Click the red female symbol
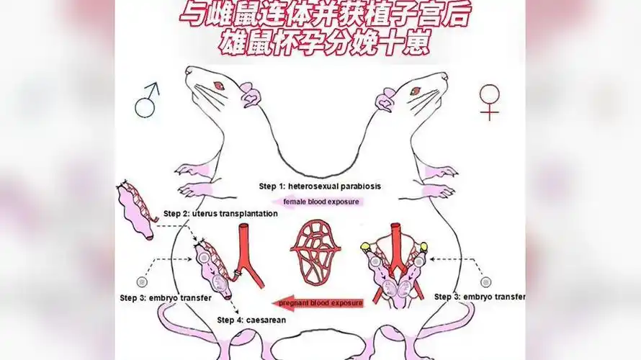pos(490,101)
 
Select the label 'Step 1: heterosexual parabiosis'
pos(320,186)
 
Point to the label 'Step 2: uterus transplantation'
pos(210,214)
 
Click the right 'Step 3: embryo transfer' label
pos(480,297)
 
